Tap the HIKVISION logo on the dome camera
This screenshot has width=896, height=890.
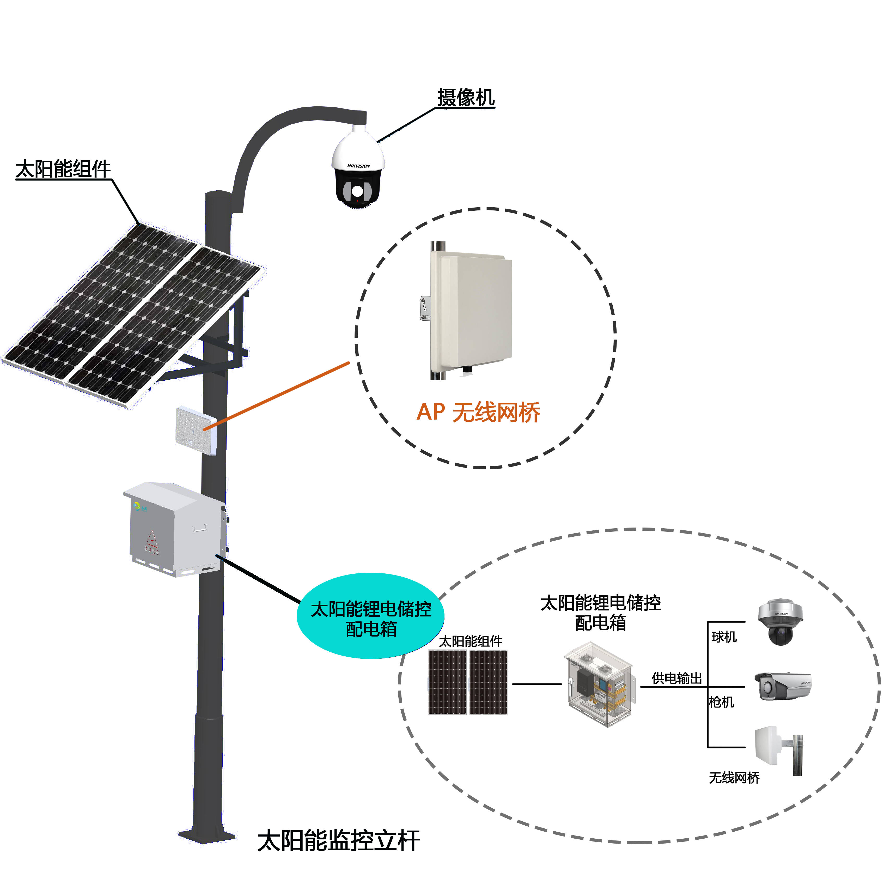click(358, 166)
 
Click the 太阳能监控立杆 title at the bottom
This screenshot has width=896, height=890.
click(339, 841)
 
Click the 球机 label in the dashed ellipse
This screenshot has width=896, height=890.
click(724, 637)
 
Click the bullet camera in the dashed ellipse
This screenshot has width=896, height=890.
click(783, 686)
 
